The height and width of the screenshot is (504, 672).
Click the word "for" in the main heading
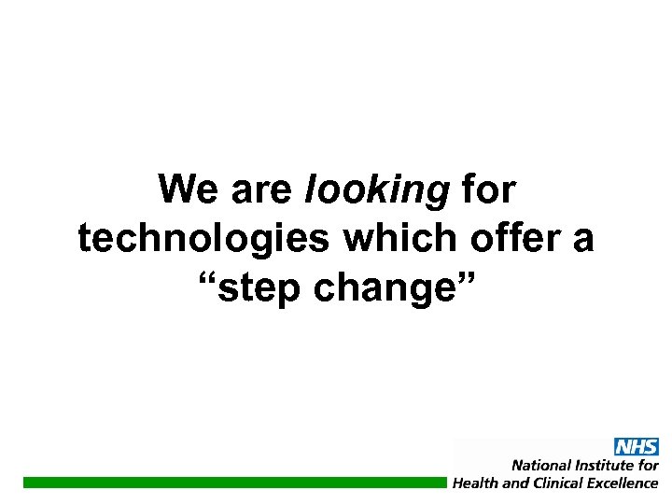[x=487, y=190]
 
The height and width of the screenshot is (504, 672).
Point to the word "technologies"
[x=203, y=240]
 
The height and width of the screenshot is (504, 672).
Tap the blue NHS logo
[x=636, y=447]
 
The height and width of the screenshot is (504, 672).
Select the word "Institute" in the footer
[x=605, y=465]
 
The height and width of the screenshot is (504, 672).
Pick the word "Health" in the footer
[x=476, y=483]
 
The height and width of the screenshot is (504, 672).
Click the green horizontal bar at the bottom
[x=233, y=483]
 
